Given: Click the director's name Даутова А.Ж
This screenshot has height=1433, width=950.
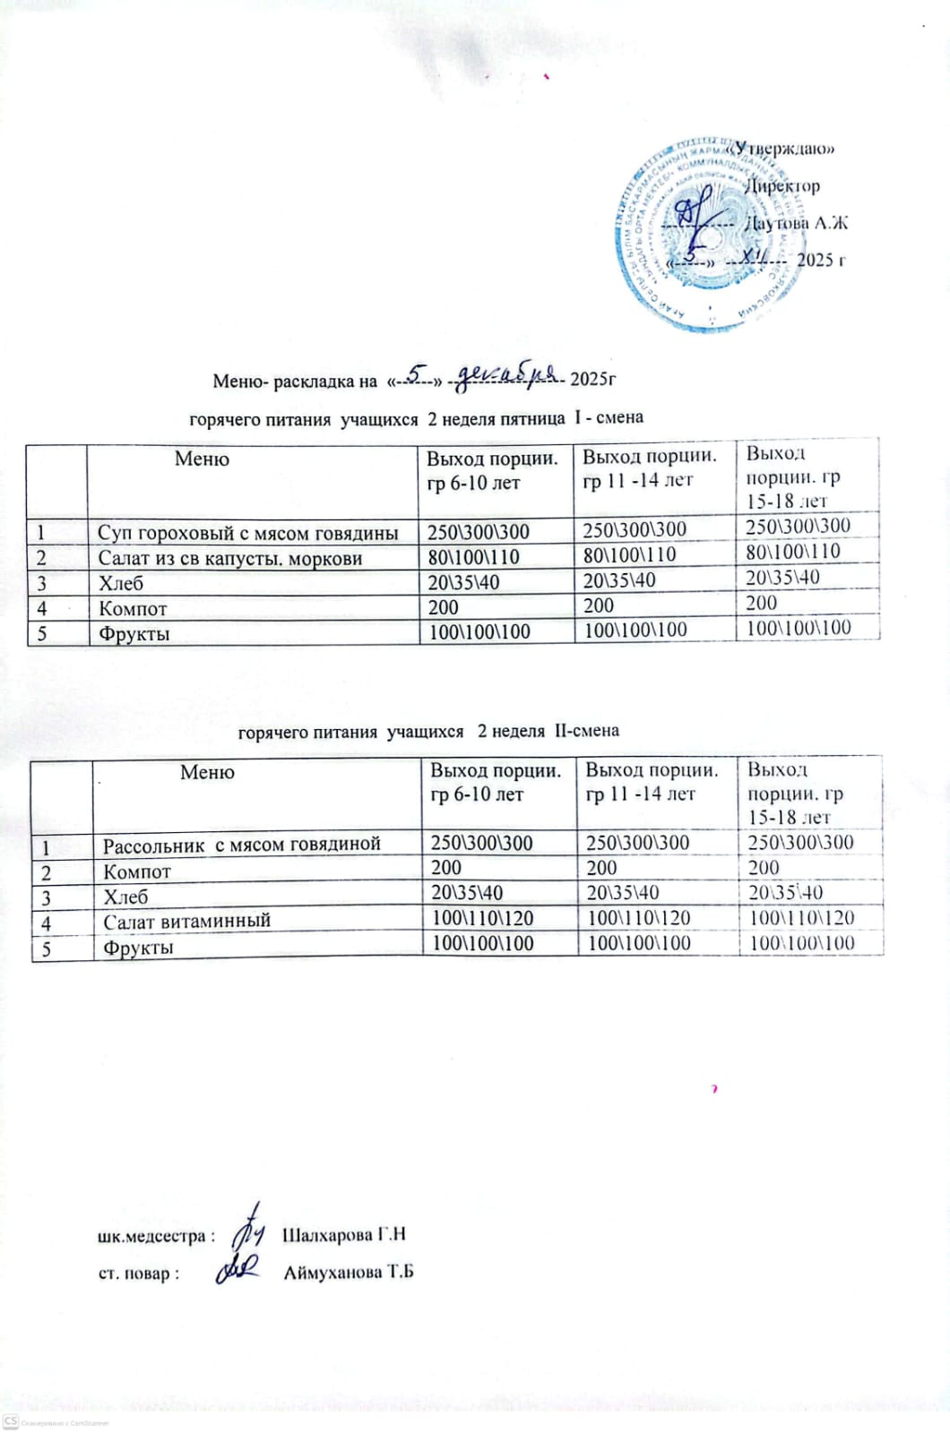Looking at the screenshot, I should click(x=797, y=223).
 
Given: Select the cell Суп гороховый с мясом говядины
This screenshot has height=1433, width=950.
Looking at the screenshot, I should click(x=247, y=533).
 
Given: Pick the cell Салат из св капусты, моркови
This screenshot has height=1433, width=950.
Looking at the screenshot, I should click(x=229, y=558).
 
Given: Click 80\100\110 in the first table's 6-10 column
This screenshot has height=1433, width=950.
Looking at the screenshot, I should click(x=474, y=557).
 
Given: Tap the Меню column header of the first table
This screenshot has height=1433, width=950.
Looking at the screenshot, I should click(x=202, y=459).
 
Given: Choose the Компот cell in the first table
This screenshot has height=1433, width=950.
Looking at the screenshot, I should click(x=133, y=608).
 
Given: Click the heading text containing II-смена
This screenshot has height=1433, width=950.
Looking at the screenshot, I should click(x=428, y=731).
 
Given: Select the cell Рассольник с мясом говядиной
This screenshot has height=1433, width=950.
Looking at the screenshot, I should click(x=242, y=844).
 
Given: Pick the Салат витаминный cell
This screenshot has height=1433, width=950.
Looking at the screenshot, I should click(x=186, y=921).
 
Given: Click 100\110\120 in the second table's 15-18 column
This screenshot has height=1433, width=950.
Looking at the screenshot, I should click(x=801, y=918).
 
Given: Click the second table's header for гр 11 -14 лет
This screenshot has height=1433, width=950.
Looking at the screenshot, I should click(x=652, y=782).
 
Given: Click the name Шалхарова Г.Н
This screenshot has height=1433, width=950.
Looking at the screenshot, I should click(x=344, y=1235).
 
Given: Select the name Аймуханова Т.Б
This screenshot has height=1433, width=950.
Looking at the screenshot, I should click(x=349, y=1273).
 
